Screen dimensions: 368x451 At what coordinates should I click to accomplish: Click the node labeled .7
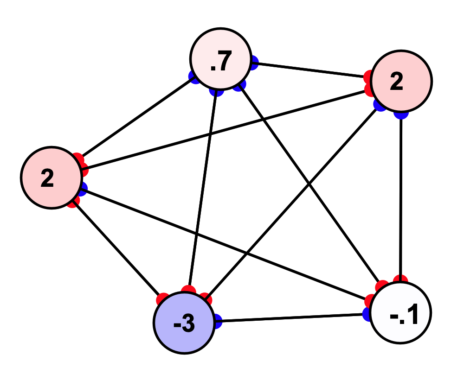[219, 60]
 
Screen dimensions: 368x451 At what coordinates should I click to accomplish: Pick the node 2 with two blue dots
[402, 81]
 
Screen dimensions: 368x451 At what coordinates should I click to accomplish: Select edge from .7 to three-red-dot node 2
[135, 119]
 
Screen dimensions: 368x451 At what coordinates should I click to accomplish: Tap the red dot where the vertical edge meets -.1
[400, 279]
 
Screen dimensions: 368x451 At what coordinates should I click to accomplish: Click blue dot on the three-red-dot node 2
[82, 188]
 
